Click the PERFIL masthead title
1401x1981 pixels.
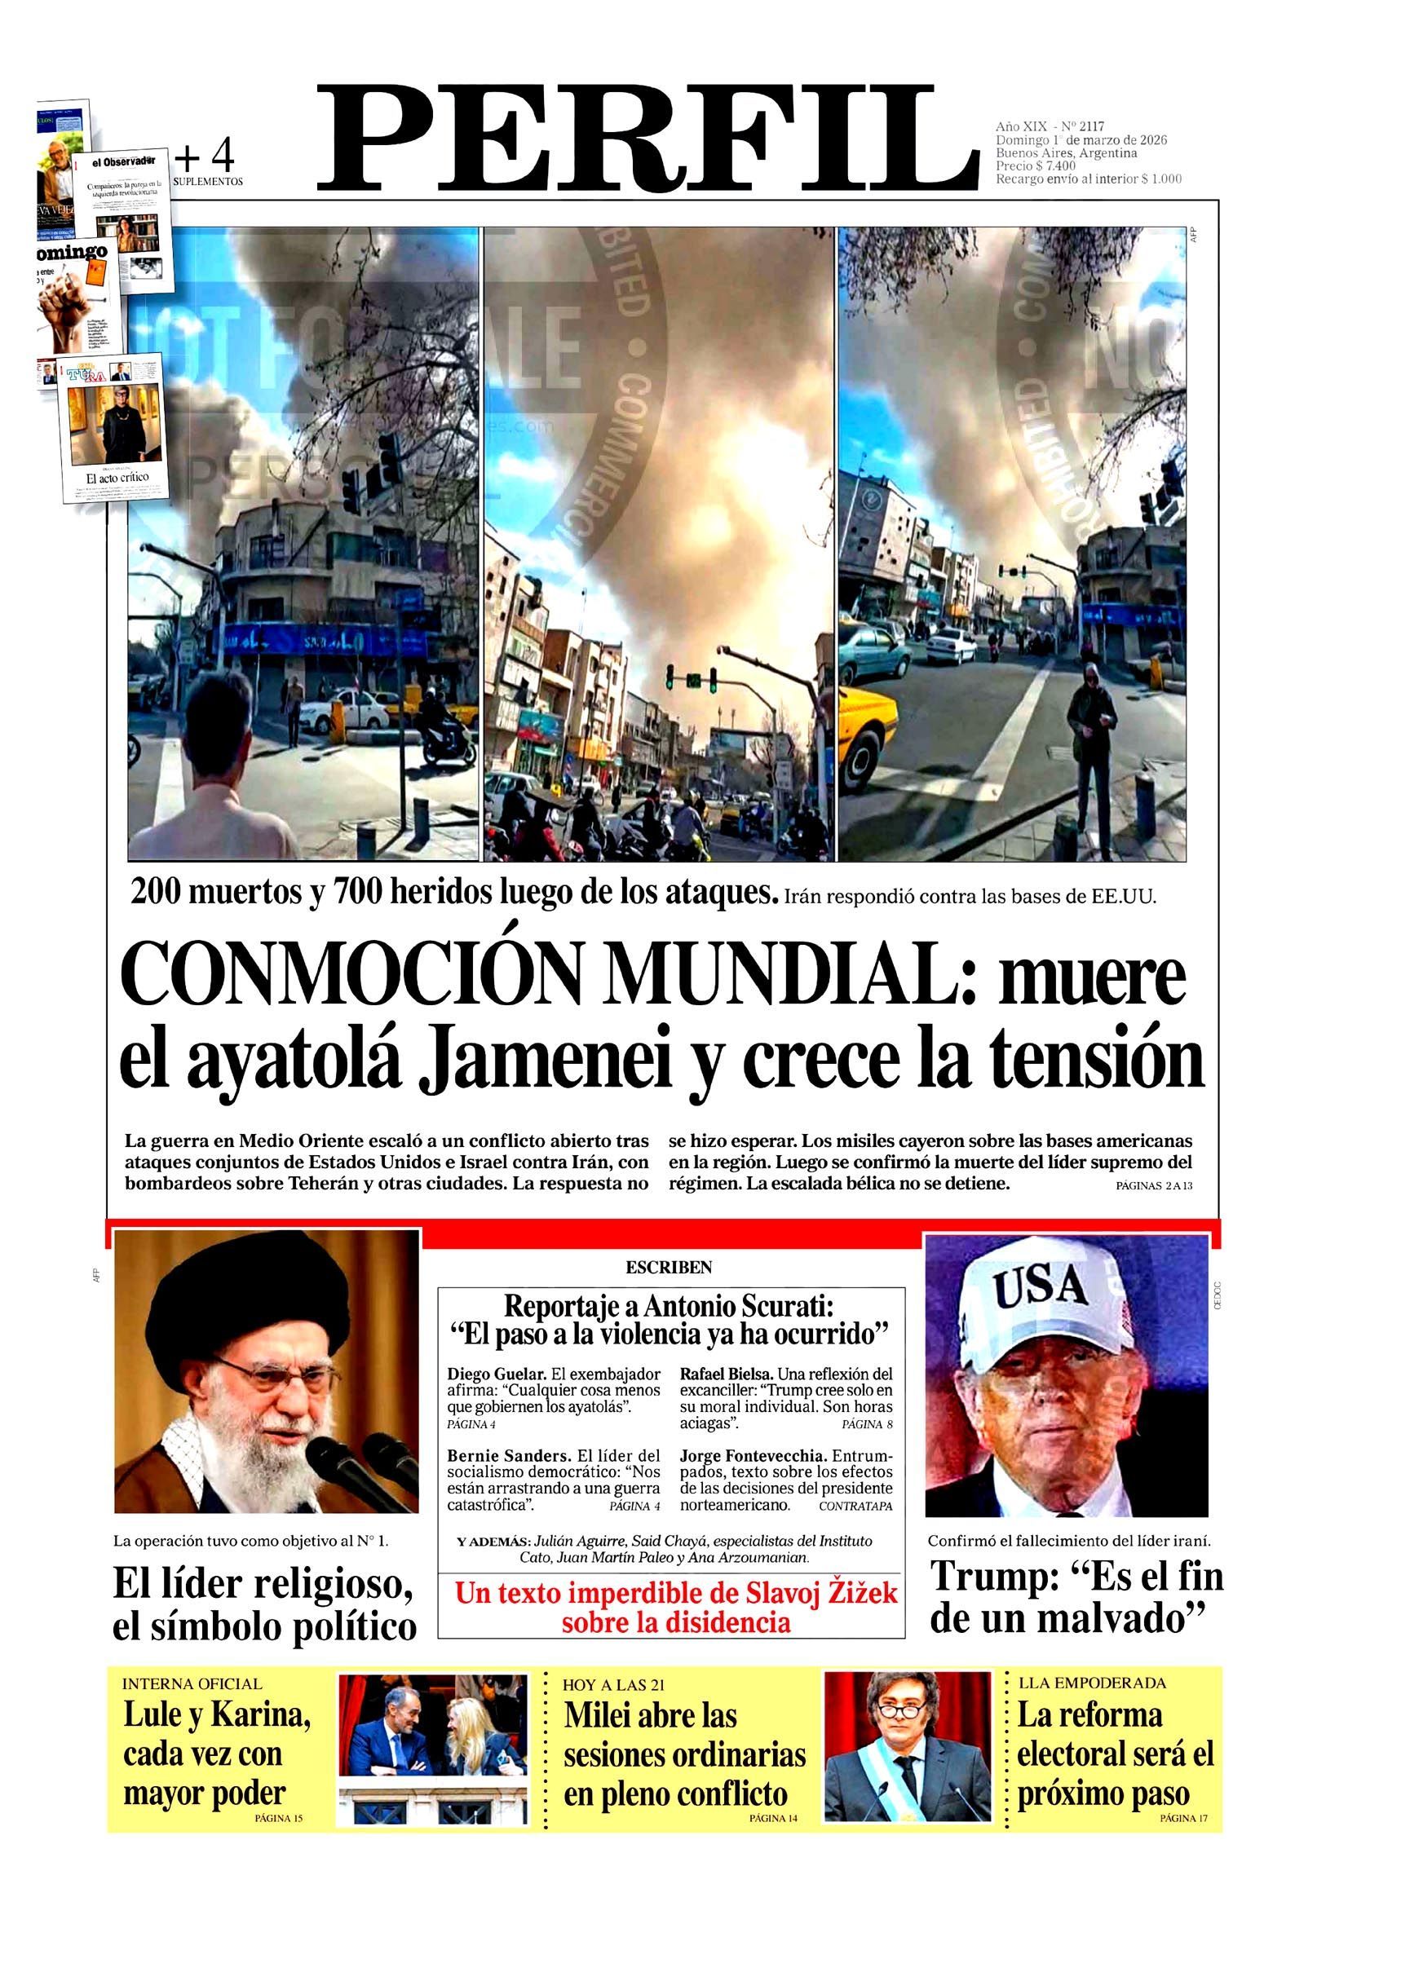(648, 139)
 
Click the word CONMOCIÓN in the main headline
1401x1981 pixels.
(350, 975)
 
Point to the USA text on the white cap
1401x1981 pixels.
(1039, 1288)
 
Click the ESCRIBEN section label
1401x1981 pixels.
(669, 1268)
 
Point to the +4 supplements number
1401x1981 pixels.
(205, 157)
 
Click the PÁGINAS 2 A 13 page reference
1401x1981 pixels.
(1153, 1185)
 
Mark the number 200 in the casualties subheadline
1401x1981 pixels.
(156, 892)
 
